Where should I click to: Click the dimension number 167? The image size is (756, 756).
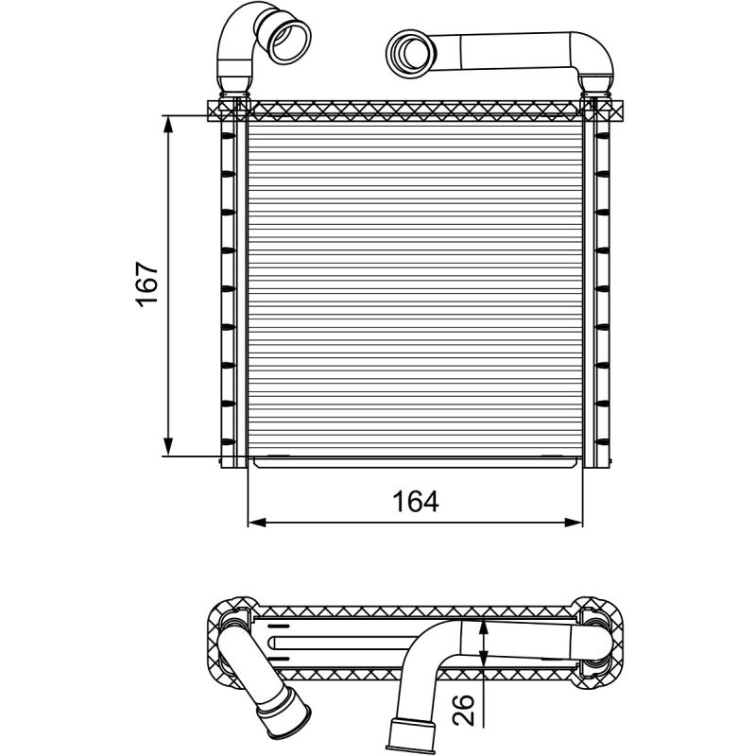coord(147,284)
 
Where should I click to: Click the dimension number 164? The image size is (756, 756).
coord(415,501)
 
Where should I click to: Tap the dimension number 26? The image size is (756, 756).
coord(463,711)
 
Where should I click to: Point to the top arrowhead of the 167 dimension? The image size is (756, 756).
coord(168,125)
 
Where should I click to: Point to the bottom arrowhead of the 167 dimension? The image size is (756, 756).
coord(168,446)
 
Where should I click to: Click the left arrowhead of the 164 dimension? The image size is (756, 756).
coord(257,523)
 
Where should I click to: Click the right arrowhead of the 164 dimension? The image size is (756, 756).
coord(574,523)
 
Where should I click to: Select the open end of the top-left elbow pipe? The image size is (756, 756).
coord(289,40)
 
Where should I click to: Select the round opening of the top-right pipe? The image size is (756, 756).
coord(411,53)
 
